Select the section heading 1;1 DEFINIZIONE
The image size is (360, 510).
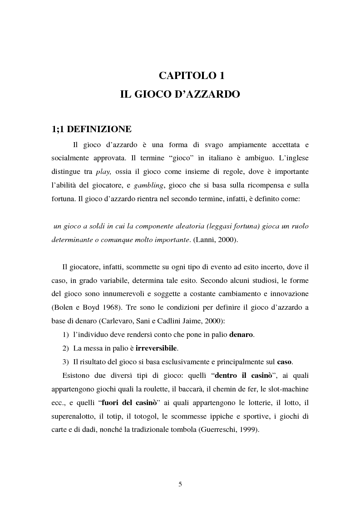click(x=92, y=129)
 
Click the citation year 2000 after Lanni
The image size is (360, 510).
click(x=227, y=240)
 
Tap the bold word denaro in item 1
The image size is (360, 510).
click(x=241, y=335)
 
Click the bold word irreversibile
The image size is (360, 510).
click(x=157, y=348)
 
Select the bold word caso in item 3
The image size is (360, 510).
click(x=285, y=362)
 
